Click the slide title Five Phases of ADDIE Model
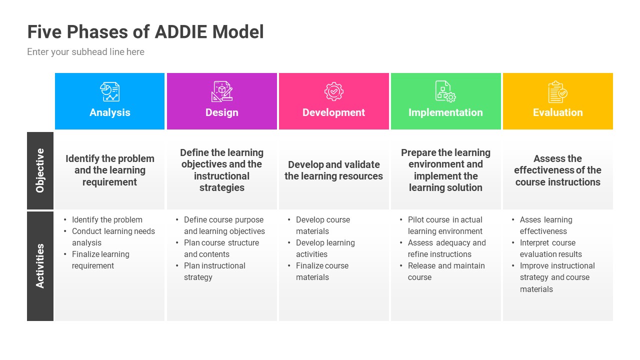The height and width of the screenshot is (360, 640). point(145,32)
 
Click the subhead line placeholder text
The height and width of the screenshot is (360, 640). point(85,52)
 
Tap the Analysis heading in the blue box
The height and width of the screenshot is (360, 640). point(109,112)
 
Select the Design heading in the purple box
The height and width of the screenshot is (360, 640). point(221,112)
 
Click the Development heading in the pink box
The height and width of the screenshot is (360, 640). point(333,112)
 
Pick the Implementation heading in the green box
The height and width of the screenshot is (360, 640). point(445,112)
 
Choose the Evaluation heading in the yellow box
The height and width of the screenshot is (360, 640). point(557,112)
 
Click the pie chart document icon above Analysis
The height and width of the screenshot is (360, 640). point(109,91)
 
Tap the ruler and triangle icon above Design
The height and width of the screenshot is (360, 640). point(221,91)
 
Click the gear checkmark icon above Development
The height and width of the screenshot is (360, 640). point(333,91)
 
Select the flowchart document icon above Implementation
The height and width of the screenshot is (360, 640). point(445,91)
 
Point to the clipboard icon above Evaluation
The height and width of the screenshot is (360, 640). point(557,92)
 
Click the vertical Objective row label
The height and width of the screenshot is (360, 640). point(40,170)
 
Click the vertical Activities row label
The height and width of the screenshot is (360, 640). point(40,265)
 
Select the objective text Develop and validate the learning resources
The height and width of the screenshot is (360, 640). point(333,170)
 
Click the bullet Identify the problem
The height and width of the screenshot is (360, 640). point(107,220)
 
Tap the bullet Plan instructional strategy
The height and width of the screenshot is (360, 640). point(214,271)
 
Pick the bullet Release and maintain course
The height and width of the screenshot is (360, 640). point(446,271)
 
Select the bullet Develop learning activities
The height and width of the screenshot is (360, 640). point(325,248)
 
